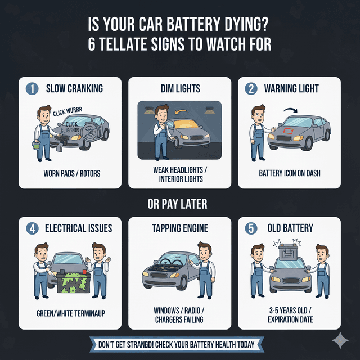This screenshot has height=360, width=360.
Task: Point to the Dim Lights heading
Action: [179, 88]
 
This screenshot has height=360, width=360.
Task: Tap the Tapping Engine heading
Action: [179, 228]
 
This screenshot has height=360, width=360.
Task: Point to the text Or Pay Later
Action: [179, 205]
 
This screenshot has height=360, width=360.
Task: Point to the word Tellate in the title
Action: [129, 44]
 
